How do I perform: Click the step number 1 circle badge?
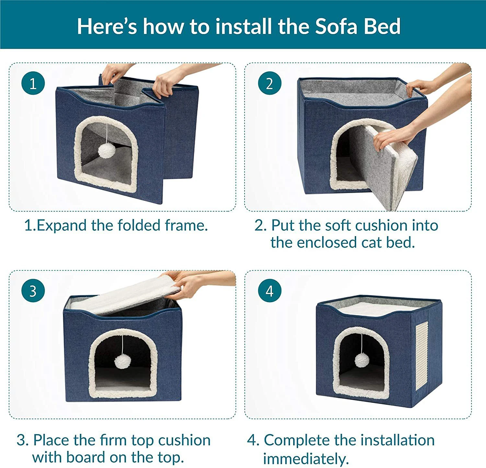[33, 83]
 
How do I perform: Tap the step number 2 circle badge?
[270, 83]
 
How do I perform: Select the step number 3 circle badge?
[33, 291]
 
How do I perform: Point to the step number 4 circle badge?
[270, 291]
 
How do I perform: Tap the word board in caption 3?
[86, 457]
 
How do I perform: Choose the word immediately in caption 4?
[306, 459]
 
